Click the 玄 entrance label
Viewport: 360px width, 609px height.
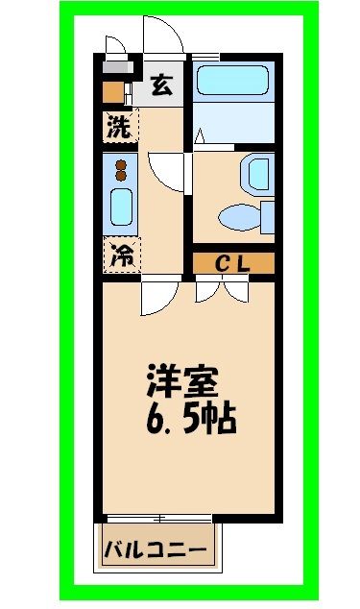[x=160, y=86]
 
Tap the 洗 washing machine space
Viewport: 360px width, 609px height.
[x=119, y=126]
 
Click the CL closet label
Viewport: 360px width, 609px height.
[x=233, y=262]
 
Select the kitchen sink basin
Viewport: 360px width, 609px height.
[x=121, y=207]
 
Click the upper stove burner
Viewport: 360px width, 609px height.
[x=121, y=163]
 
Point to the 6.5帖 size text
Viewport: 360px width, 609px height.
[x=190, y=420]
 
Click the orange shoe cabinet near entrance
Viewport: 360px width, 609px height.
[x=114, y=93]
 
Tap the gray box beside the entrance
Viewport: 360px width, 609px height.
[x=116, y=70]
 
